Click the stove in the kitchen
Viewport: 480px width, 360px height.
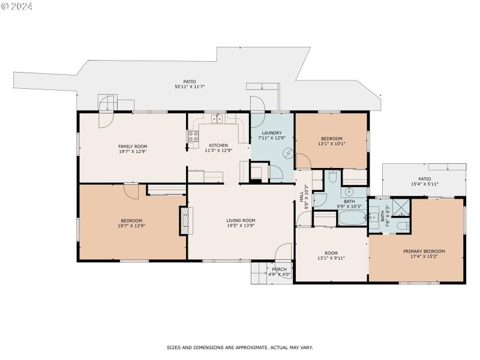click(194, 137)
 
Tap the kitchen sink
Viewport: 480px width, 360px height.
click(217, 119)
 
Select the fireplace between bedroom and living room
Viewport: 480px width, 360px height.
click(184, 221)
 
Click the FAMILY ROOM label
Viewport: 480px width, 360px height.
click(132, 146)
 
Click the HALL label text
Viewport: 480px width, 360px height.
click(301, 196)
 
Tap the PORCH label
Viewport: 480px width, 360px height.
click(279, 269)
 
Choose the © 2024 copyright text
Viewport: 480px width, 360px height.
click(17, 6)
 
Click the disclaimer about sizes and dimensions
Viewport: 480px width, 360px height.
click(239, 347)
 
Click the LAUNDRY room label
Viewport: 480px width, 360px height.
click(272, 133)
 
